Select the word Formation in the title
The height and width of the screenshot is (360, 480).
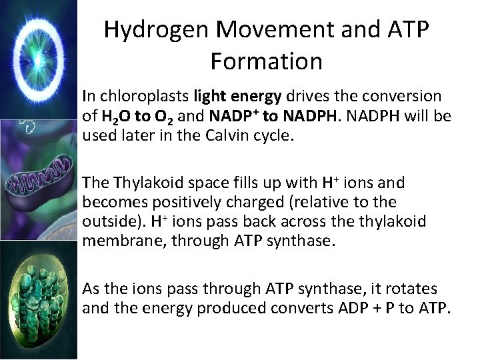pyautogui.click(x=266, y=61)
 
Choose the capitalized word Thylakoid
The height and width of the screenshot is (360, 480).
pyautogui.click(x=145, y=182)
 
